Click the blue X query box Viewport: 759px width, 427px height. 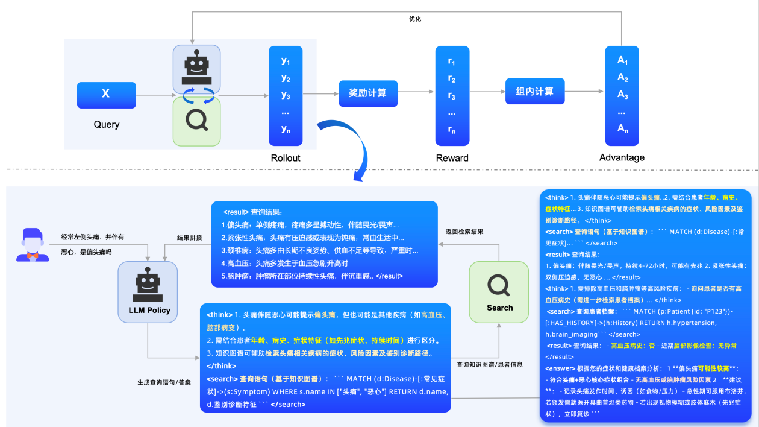point(106,95)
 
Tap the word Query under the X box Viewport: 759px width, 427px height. point(106,125)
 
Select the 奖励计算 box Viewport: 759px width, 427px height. point(367,93)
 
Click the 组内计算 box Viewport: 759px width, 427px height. point(534,92)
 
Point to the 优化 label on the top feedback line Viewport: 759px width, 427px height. point(414,19)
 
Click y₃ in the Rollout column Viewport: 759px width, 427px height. point(286,95)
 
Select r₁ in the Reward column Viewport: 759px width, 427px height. point(452,62)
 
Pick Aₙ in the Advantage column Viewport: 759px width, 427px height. point(622,129)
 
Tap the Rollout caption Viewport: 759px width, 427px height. point(286,158)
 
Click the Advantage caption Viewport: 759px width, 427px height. point(622,157)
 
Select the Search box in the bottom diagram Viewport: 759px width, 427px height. point(499,290)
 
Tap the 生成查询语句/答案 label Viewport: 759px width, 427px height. point(164,382)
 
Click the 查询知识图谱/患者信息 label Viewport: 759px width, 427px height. point(489,365)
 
